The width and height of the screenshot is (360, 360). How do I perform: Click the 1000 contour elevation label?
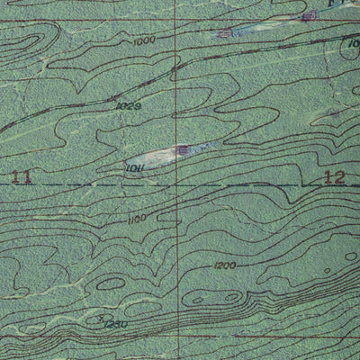pyautogui.click(x=142, y=40)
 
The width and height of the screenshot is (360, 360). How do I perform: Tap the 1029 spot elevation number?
pyautogui.click(x=128, y=106)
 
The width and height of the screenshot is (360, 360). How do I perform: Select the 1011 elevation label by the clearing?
pyautogui.click(x=135, y=166)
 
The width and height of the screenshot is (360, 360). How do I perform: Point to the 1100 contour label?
pyautogui.click(x=137, y=219)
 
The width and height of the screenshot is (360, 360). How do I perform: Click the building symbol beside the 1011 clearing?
pyautogui.click(x=184, y=150)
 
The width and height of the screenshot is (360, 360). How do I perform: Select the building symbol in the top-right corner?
pyautogui.click(x=310, y=15)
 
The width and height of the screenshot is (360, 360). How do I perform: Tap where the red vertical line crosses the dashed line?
pyautogui.click(x=176, y=185)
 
